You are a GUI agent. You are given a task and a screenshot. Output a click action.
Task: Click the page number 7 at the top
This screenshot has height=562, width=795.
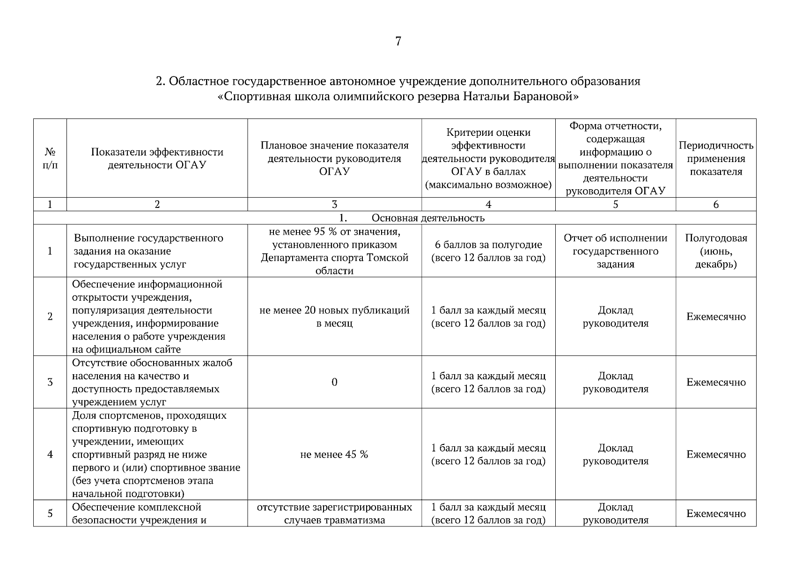(398, 42)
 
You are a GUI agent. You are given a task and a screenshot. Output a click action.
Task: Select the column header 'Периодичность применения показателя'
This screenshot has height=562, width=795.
(716, 158)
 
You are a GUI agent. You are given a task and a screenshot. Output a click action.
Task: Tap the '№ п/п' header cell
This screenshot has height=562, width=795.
(50, 158)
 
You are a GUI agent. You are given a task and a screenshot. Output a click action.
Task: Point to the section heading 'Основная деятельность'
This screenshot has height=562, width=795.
(428, 218)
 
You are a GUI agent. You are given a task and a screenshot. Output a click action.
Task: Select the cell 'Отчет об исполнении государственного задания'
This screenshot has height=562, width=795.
(615, 251)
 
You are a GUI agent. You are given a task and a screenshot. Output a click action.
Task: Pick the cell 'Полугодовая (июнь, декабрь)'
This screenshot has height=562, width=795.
(716, 251)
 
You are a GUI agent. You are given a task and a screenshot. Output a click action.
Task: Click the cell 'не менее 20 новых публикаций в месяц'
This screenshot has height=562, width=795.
(334, 317)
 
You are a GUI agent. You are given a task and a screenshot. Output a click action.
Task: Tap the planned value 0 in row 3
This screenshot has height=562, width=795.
(334, 382)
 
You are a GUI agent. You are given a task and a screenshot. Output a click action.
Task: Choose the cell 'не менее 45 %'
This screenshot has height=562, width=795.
(334, 454)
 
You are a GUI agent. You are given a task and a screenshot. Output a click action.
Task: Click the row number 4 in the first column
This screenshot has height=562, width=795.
(50, 454)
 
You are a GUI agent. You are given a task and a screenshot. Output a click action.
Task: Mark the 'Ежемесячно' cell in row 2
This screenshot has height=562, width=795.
(716, 317)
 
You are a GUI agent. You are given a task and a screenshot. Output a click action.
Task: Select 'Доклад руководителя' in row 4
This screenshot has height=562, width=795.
(615, 454)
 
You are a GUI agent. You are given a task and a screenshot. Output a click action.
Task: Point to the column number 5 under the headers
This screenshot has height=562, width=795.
(615, 204)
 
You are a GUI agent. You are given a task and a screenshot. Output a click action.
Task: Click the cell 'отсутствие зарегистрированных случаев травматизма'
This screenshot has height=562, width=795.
(334, 513)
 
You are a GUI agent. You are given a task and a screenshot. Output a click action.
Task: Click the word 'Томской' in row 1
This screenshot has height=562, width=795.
(388, 258)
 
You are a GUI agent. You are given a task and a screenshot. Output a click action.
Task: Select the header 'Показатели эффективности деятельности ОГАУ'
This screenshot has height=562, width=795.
(157, 158)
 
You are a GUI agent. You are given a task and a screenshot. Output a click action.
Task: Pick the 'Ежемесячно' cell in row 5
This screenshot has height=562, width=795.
(716, 513)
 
